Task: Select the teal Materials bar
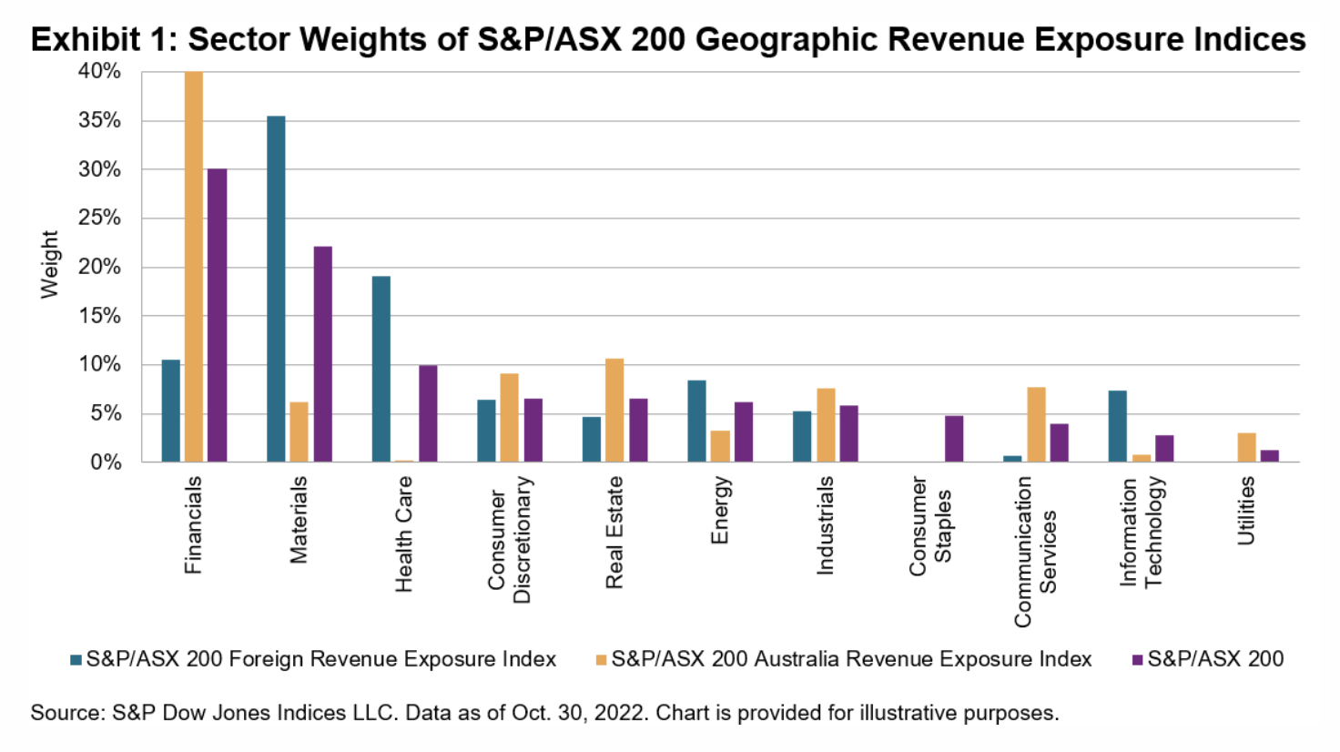276,289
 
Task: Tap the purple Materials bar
322,354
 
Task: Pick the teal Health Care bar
381,369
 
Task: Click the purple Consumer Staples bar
954,439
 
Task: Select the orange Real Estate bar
614,411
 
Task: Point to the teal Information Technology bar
1118,426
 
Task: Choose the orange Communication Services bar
1036,425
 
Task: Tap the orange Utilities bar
1246,448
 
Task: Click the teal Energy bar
696,422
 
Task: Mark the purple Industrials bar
848,434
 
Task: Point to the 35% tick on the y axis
99,120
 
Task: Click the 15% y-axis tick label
99,316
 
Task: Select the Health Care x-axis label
403,534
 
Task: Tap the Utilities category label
1246,511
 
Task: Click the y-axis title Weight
49,264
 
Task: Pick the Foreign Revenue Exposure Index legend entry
313,659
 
